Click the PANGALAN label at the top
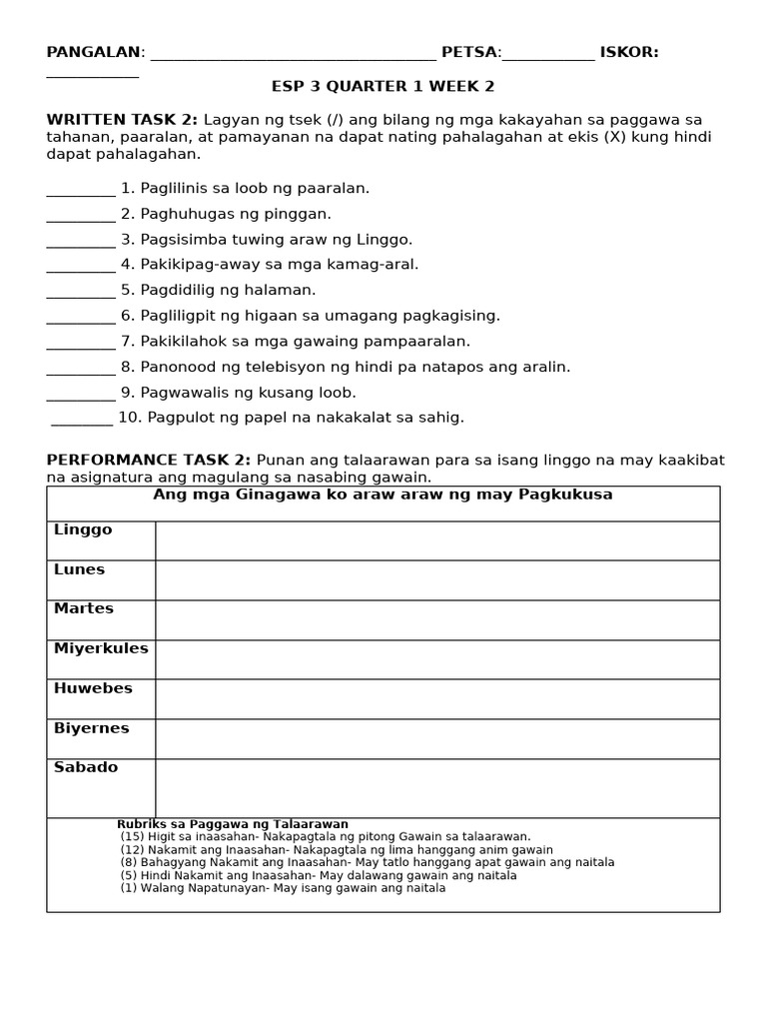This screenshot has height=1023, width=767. pos(93,53)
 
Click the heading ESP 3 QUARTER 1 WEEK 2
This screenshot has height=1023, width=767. pos(383,87)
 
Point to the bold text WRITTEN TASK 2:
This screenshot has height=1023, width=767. pos(122,120)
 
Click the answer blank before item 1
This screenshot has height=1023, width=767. pos(81,190)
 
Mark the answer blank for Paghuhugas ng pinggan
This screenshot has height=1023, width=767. pos(81,216)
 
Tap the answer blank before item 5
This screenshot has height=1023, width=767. pos(81,292)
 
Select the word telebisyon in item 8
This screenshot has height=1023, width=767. pos(256,367)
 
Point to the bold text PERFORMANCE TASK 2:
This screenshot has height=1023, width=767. pos(149,460)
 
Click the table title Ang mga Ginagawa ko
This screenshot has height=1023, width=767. pos(383,496)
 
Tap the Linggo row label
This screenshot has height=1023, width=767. pos(83,530)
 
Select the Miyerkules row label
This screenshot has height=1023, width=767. pos(101,648)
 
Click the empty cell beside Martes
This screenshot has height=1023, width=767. pos(437,619)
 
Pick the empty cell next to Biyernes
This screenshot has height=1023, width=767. pos(437,738)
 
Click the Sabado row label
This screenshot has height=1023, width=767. pos(86,767)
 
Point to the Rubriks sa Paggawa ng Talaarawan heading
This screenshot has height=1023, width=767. pos(233,824)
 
